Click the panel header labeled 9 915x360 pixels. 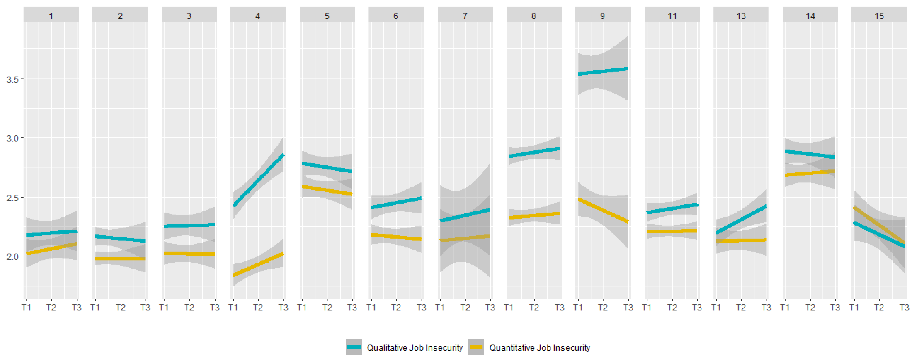[602, 16]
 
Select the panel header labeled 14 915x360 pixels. [810, 16]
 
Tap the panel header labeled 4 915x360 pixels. [257, 16]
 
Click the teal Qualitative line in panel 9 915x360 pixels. [603, 71]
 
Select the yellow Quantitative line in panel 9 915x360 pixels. [603, 210]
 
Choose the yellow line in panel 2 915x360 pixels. [120, 259]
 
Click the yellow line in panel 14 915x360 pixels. [810, 173]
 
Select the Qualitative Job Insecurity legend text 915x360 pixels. [415, 348]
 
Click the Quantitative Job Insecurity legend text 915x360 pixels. [539, 348]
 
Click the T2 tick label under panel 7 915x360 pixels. [465, 307]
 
